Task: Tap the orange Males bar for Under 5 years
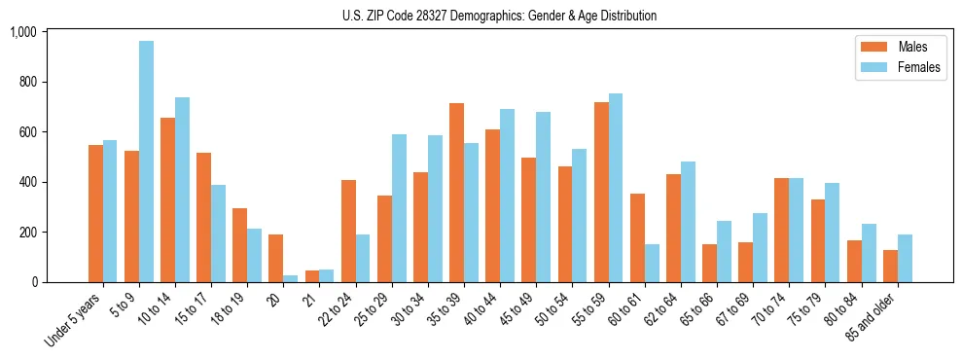point(95,213)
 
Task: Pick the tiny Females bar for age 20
point(291,278)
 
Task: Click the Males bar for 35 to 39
point(456,193)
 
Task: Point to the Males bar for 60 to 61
point(637,237)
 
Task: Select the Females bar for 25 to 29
point(399,208)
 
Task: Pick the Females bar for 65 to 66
point(724,251)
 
